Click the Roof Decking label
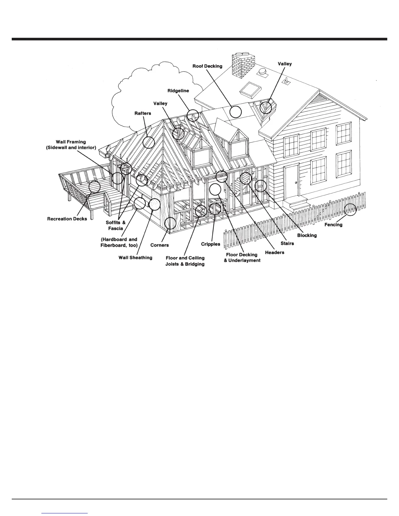[x=207, y=66]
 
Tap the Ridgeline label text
[x=178, y=91]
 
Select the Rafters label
[x=143, y=113]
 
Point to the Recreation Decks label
[x=67, y=219]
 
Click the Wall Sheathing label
[x=135, y=258]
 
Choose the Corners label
[x=159, y=245]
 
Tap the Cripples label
[x=211, y=244]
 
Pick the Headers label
[x=274, y=252]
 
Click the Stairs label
[x=287, y=243]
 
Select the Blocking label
[x=307, y=235]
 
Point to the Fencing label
[x=333, y=224]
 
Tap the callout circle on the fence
[x=350, y=209]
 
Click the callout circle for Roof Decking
[x=235, y=112]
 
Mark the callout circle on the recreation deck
[x=95, y=187]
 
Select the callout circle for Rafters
[x=149, y=142]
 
